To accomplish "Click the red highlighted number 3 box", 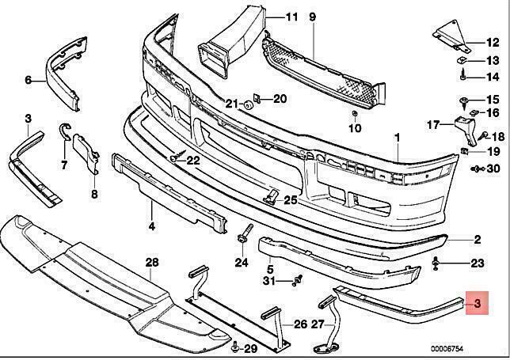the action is (478, 303).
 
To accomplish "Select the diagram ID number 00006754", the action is (447, 349).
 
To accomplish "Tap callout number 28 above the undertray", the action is (152, 262).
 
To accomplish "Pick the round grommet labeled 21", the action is (248, 104).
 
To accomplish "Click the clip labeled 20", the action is (257, 98).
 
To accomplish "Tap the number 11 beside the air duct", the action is (291, 17).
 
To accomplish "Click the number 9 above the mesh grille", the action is (312, 17).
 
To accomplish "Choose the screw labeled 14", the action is (463, 75).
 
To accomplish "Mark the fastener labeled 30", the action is (477, 169).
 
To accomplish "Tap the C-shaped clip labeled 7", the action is (65, 132).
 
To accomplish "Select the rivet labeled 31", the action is (297, 280).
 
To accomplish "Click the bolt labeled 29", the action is (234, 348).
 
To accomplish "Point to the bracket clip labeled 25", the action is (272, 196).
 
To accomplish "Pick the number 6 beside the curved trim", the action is (29, 80).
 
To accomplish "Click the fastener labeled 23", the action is (436, 263).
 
